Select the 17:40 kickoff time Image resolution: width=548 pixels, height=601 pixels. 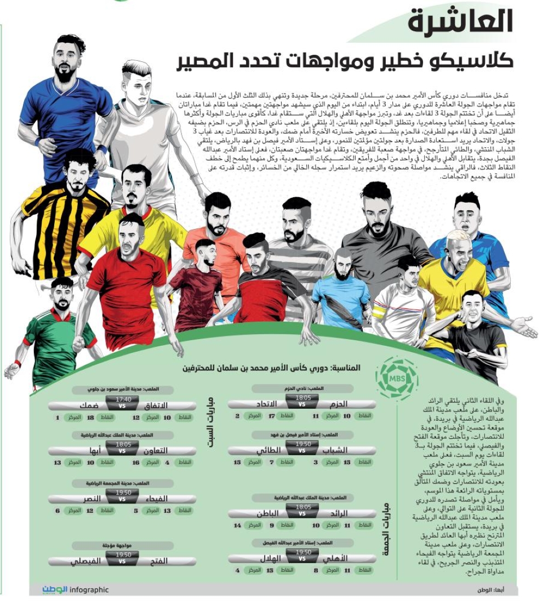point(122,399)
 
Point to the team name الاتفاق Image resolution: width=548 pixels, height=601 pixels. point(159,406)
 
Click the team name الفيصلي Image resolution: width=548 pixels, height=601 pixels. point(88,561)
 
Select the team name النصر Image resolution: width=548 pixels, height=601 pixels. point(90,499)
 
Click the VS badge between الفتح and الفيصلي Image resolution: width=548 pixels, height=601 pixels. point(122,562)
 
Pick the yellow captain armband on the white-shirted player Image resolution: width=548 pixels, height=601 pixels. point(378,312)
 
